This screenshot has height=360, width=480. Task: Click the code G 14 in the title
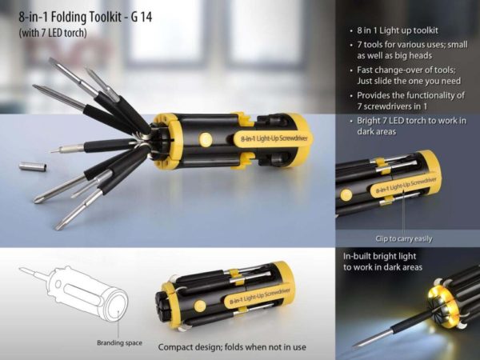click(141, 17)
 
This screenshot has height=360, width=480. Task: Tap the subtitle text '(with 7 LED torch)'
click(53, 33)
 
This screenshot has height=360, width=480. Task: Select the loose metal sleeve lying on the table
click(33, 166)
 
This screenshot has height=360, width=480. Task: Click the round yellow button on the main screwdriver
click(206, 139)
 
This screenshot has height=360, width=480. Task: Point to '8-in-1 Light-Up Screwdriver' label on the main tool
click(274, 138)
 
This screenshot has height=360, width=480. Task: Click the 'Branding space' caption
click(119, 343)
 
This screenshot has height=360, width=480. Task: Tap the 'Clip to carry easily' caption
click(404, 238)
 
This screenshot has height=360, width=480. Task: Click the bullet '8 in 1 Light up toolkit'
click(398, 30)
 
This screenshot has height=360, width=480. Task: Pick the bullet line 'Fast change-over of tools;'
click(406, 70)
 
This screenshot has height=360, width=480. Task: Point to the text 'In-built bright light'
click(379, 256)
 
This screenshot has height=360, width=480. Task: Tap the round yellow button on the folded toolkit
click(200, 306)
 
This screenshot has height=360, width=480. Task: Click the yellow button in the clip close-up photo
click(346, 195)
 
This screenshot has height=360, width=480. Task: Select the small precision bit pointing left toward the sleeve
click(67, 149)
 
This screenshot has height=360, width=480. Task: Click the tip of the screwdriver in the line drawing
click(20, 269)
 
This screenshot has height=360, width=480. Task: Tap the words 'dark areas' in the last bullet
click(377, 132)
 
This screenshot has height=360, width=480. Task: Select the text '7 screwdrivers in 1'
click(392, 106)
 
